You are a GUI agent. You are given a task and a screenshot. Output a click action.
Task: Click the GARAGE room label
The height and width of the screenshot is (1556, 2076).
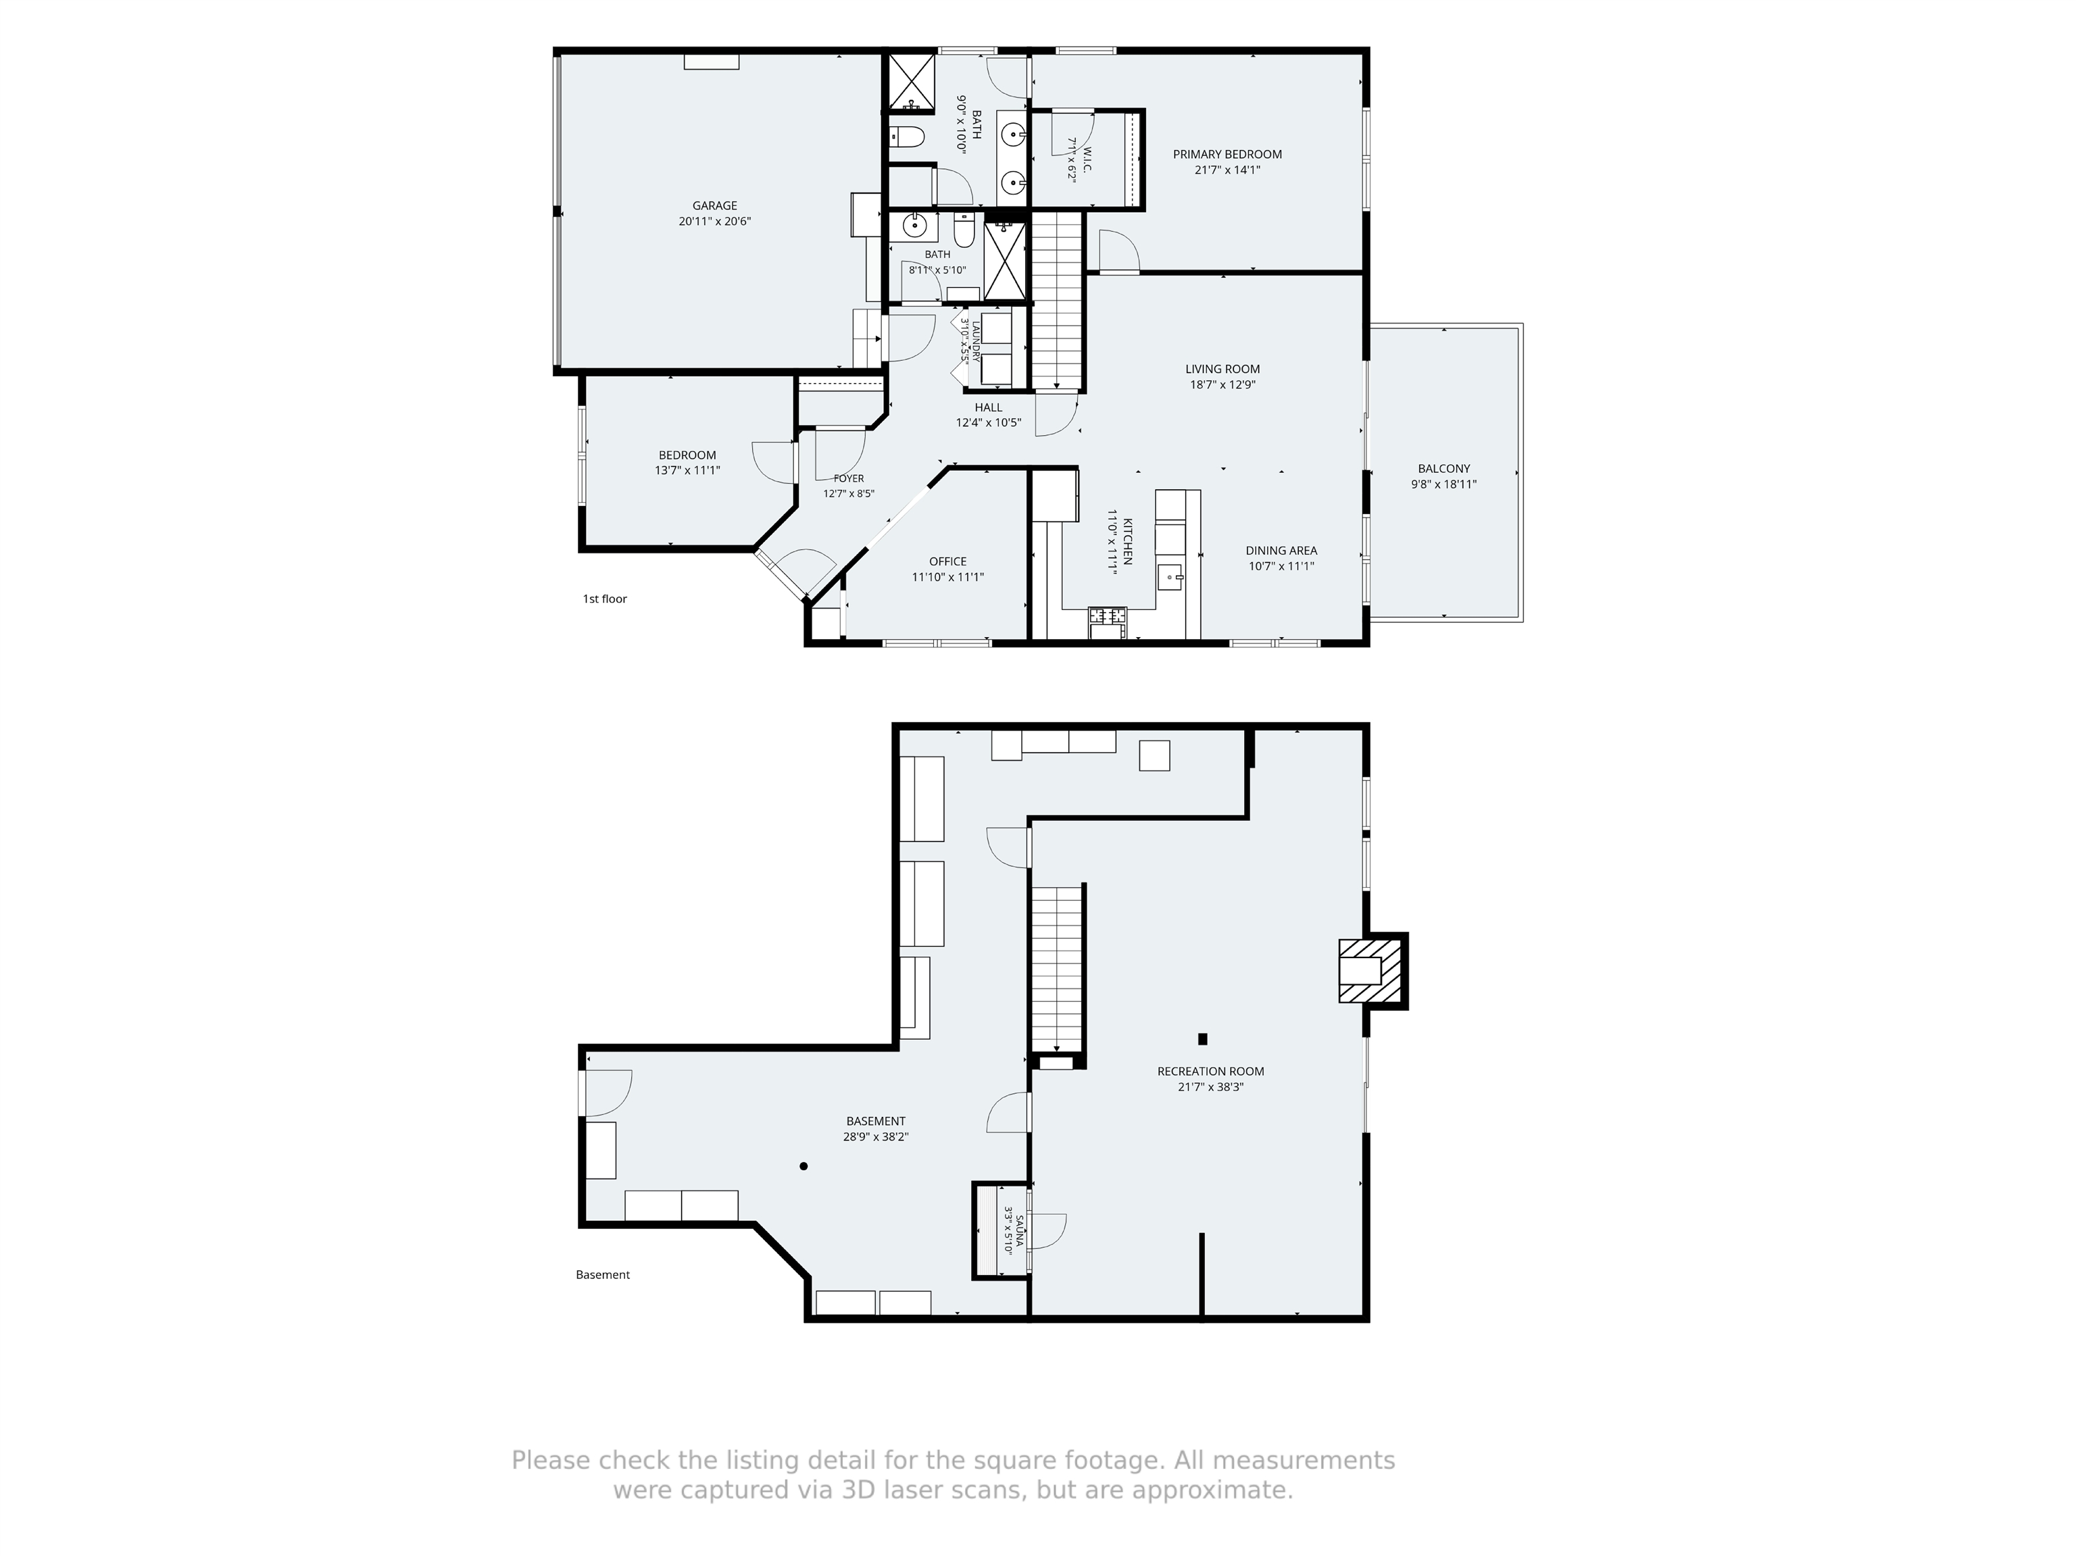point(714,205)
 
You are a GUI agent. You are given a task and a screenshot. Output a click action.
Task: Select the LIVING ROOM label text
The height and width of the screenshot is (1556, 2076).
point(1222,369)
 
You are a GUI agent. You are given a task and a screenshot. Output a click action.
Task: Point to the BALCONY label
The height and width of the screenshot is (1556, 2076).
point(1443,468)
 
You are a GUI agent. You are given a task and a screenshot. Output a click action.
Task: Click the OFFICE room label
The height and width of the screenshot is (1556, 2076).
point(948,561)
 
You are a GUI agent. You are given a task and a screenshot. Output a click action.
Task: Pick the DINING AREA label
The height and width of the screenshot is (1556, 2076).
point(1281,550)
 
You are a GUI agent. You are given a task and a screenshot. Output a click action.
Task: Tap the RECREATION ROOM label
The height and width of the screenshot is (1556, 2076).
point(1211,1071)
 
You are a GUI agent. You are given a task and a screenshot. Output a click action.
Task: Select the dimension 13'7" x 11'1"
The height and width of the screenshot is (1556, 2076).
point(687,470)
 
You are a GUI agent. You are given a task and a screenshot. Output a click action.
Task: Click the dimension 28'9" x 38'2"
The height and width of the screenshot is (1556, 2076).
point(876,1136)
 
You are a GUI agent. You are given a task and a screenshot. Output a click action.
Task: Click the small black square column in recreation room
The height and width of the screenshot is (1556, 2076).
point(1202,1039)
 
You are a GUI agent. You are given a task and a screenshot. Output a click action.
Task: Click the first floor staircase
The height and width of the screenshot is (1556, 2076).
point(1058,300)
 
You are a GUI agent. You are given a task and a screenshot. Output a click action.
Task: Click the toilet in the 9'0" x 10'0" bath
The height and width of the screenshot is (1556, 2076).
point(908,138)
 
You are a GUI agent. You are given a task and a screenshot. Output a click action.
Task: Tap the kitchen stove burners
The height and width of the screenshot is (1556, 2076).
point(1106,616)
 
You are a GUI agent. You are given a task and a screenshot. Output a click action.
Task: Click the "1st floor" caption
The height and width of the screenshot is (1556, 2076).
point(604,599)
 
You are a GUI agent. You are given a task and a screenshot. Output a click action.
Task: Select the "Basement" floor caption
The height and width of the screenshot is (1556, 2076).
point(603,1274)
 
